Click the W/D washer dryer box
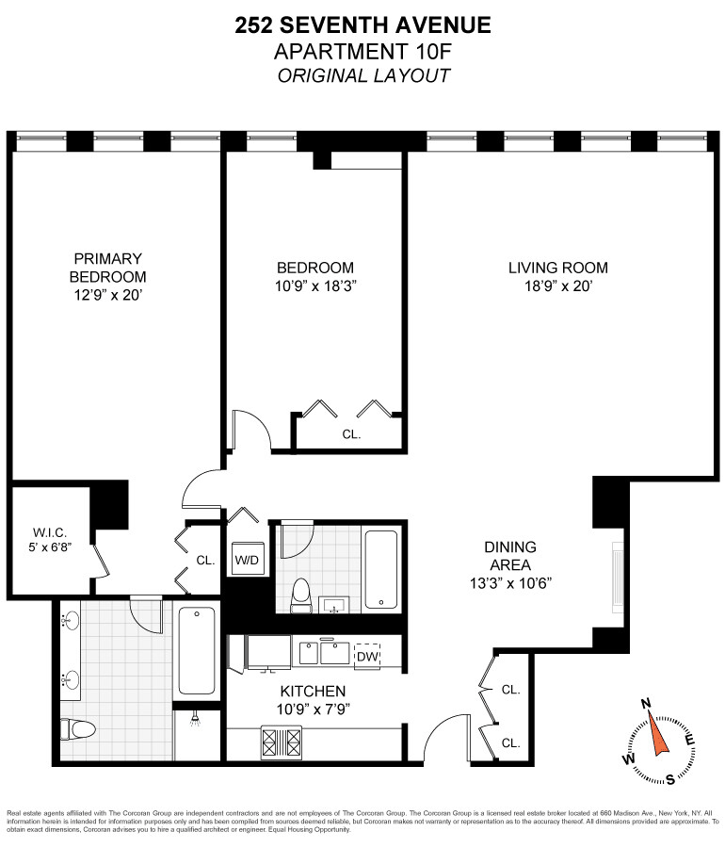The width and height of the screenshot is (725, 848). (248, 559)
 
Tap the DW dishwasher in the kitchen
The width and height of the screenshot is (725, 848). (367, 657)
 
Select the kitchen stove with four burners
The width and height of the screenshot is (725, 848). (281, 742)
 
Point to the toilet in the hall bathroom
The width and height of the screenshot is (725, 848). (300, 595)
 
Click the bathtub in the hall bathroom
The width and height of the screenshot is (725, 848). (381, 569)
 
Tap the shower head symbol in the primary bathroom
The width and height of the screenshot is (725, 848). (196, 719)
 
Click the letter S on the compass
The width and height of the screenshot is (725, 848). (669, 779)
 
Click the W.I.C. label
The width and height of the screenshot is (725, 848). (50, 532)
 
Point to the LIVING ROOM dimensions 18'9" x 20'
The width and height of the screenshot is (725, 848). (558, 285)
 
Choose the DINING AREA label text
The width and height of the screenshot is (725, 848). (510, 556)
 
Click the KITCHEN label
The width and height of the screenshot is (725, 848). (313, 691)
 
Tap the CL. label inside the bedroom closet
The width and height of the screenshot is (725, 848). (351, 434)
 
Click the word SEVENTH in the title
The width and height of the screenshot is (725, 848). (343, 25)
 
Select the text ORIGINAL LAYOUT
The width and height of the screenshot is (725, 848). (363, 75)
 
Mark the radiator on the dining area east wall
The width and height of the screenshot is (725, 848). (617, 578)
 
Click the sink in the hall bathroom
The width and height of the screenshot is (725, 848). (334, 605)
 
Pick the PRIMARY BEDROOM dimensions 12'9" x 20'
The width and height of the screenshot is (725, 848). (107, 295)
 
